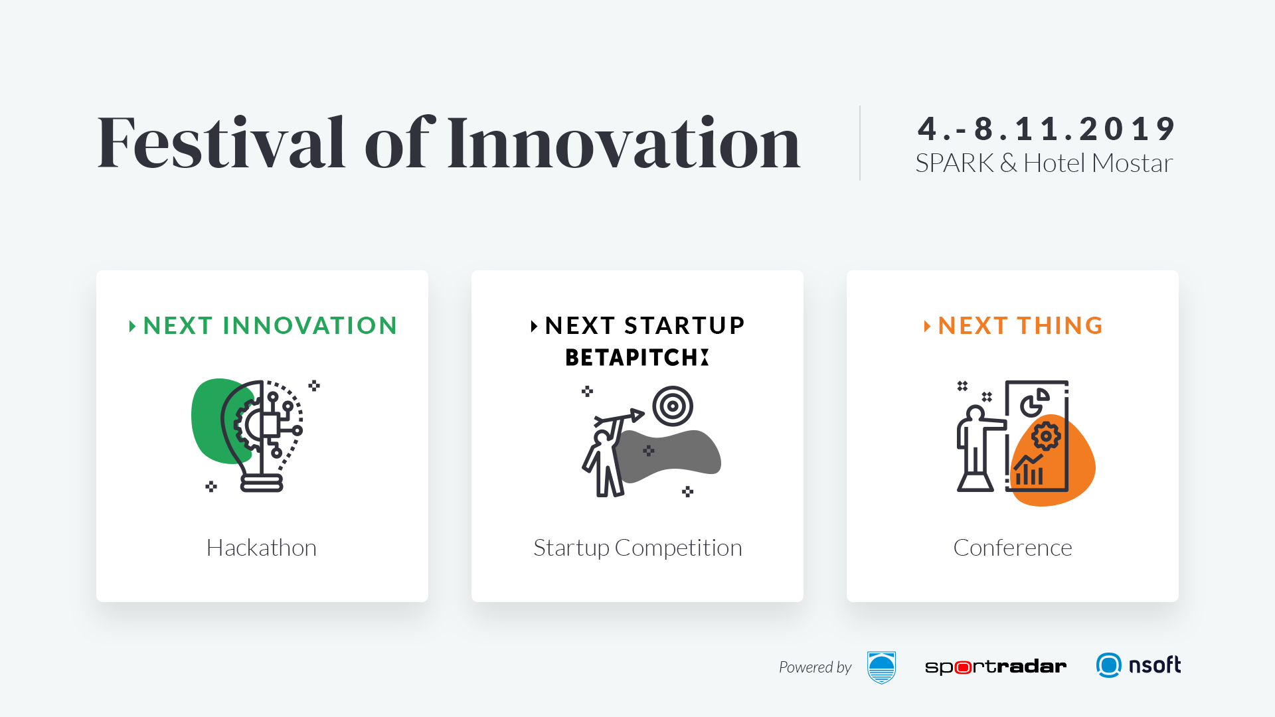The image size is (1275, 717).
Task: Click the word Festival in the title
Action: pos(221,141)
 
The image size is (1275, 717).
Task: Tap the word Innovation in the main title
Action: pos(624,141)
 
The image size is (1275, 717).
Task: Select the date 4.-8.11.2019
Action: pos(1047,128)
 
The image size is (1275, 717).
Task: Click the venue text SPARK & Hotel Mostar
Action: pos(1044,163)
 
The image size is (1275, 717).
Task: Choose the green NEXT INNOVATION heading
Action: pos(270,325)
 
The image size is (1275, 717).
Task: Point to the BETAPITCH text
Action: pos(637,357)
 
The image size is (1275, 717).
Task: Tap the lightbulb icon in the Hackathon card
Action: pos(262,436)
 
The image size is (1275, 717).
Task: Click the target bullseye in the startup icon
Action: pos(673,406)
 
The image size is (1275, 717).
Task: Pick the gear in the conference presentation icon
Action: pos(1046,436)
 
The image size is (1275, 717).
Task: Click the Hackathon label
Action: pos(262,548)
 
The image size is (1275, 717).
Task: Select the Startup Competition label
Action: pos(637,548)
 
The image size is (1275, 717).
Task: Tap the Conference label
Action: pos(1013,548)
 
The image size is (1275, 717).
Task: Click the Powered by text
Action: pos(815,667)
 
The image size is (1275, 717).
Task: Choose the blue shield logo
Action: pos(881,667)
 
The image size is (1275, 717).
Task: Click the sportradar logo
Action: pos(995,667)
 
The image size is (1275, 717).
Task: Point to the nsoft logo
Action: pos(1138,665)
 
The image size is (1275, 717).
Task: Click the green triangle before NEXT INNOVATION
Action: pos(132,326)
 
